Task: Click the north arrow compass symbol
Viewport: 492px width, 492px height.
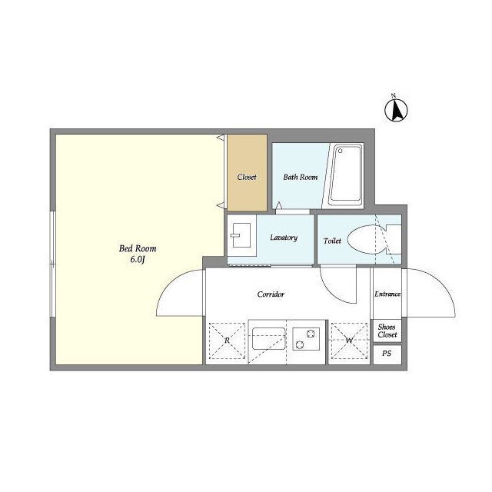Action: pyautogui.click(x=396, y=110)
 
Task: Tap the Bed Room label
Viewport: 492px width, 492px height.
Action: pyautogui.click(x=138, y=248)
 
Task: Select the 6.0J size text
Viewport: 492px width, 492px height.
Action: pyautogui.click(x=138, y=260)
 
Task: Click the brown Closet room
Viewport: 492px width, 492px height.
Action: pyautogui.click(x=248, y=173)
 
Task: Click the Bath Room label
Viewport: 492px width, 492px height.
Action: pyautogui.click(x=301, y=177)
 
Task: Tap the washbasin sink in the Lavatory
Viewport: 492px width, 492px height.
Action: pyautogui.click(x=241, y=235)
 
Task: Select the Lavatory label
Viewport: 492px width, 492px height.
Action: pyautogui.click(x=284, y=238)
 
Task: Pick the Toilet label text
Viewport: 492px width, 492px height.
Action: pyautogui.click(x=332, y=241)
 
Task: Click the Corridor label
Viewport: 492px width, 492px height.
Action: pyautogui.click(x=271, y=294)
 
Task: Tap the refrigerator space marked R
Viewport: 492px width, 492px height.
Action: pyautogui.click(x=227, y=341)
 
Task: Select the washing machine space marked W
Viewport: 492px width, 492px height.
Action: pyautogui.click(x=349, y=341)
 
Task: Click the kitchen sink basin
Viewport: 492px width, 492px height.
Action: pyautogui.click(x=269, y=339)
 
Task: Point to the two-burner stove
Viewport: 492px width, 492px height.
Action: pyautogui.click(x=306, y=339)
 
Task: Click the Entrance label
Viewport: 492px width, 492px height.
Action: pyautogui.click(x=387, y=294)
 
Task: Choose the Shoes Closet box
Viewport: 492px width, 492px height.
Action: pyautogui.click(x=387, y=331)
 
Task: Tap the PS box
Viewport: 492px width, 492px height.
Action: pyautogui.click(x=387, y=354)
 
